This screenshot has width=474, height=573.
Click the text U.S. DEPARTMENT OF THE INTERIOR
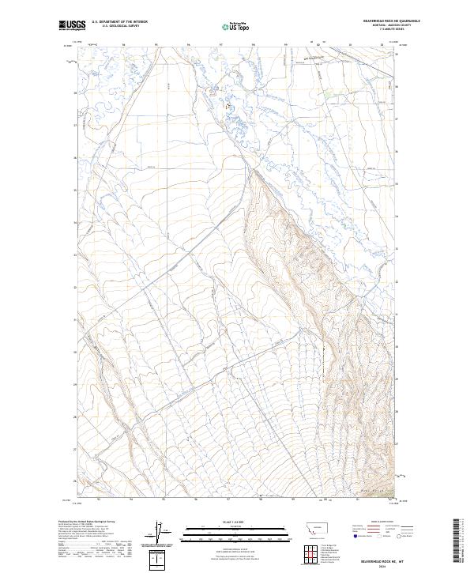click(119, 22)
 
